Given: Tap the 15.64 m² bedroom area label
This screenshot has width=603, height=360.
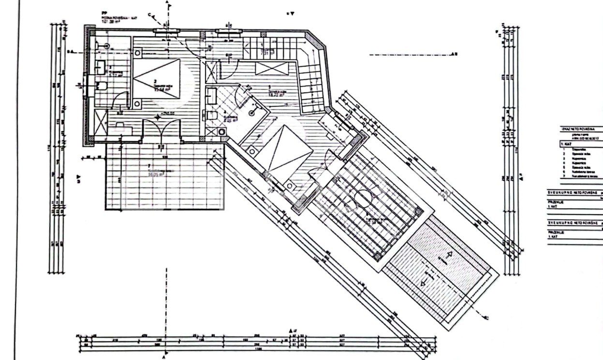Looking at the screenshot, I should pos(162,89).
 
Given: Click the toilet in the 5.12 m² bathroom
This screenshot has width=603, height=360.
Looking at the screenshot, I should pos(101,86).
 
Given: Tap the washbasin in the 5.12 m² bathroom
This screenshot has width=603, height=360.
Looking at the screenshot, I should pos(102,64).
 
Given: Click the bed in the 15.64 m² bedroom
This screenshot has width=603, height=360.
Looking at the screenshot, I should pos(156,80).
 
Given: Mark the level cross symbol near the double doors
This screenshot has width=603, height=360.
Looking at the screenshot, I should pos(157,117).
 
